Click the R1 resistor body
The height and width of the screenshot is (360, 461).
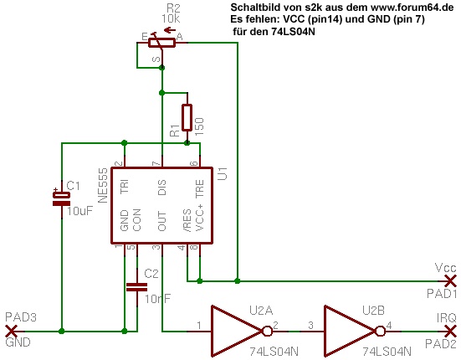(187, 117)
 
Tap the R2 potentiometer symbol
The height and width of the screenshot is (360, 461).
(162, 43)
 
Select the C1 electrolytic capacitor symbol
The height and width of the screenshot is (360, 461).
(61, 198)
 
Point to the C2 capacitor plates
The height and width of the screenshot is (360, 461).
(136, 287)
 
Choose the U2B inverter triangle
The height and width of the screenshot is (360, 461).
(349, 332)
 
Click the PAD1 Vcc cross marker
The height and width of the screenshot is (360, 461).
(450, 280)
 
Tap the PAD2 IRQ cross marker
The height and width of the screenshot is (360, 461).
(450, 332)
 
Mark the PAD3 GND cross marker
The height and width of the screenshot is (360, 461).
(11, 332)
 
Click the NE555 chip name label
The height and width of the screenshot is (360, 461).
(103, 186)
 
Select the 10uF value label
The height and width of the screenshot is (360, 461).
(80, 211)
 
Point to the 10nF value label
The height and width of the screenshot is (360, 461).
(157, 299)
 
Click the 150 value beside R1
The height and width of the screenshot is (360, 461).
(199, 126)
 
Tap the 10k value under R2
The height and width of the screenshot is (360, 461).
(171, 18)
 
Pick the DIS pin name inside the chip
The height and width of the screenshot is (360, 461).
(162, 188)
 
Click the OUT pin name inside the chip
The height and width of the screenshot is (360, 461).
(162, 221)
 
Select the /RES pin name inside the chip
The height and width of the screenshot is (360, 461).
(187, 220)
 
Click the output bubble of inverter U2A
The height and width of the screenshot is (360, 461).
(267, 332)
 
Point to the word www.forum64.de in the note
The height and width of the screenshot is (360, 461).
(412, 8)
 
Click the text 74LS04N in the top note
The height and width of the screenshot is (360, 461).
(293, 31)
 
